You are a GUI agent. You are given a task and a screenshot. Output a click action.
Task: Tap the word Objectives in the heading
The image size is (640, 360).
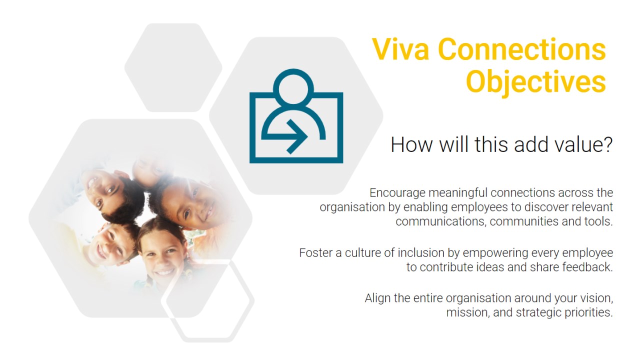[536, 82]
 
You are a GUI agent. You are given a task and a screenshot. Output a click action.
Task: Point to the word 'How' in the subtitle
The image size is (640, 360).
[411, 144]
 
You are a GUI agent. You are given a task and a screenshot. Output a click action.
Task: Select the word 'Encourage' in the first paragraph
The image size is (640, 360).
[397, 193]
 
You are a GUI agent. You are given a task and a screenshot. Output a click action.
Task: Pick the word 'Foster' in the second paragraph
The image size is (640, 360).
[316, 253]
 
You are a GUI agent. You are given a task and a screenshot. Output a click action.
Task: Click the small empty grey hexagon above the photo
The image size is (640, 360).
[173, 67]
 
